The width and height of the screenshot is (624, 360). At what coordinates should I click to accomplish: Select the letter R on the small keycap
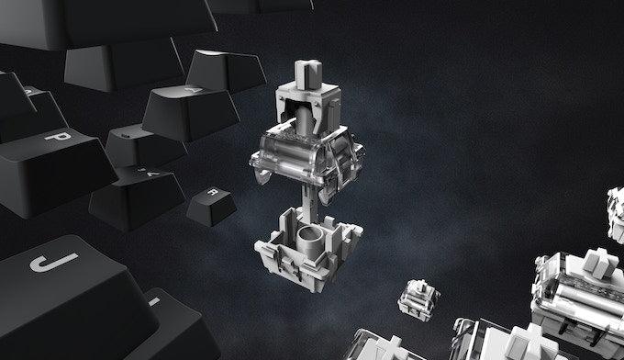coord(211,194)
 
